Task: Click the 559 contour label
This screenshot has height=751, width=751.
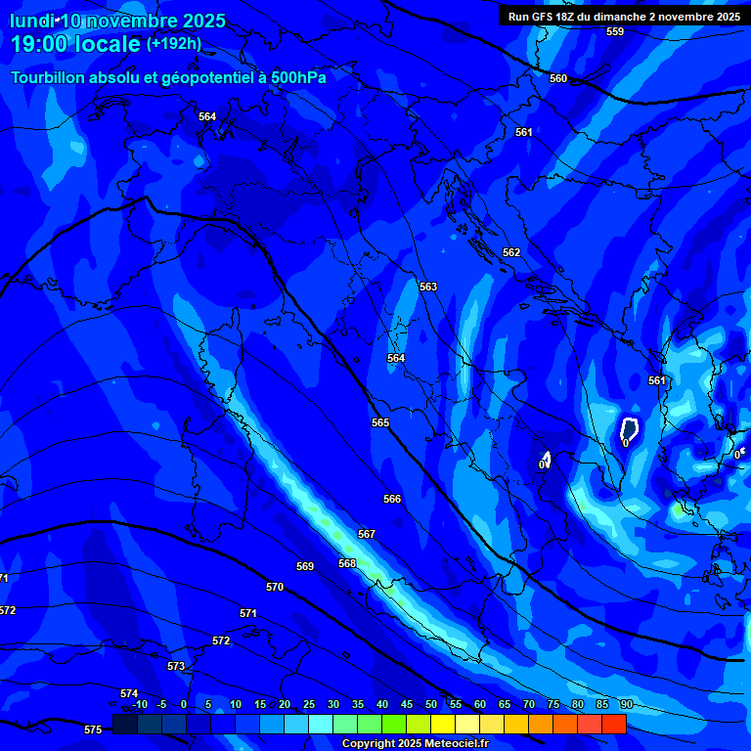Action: click(614, 31)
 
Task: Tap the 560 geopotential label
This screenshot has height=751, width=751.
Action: click(557, 78)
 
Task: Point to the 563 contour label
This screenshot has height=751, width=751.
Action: click(427, 287)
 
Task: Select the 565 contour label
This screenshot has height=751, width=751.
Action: click(380, 422)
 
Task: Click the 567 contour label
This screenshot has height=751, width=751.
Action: click(367, 534)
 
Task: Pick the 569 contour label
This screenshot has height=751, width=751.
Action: click(305, 566)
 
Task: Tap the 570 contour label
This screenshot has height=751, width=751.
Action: click(275, 587)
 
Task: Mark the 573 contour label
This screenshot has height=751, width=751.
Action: click(176, 666)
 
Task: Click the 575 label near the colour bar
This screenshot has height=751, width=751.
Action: click(93, 729)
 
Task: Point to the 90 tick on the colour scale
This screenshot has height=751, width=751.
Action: click(626, 704)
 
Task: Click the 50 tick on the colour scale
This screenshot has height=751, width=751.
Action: click(431, 704)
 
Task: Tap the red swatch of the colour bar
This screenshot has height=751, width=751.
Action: click(613, 724)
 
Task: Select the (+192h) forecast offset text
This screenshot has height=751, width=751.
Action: click(174, 43)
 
